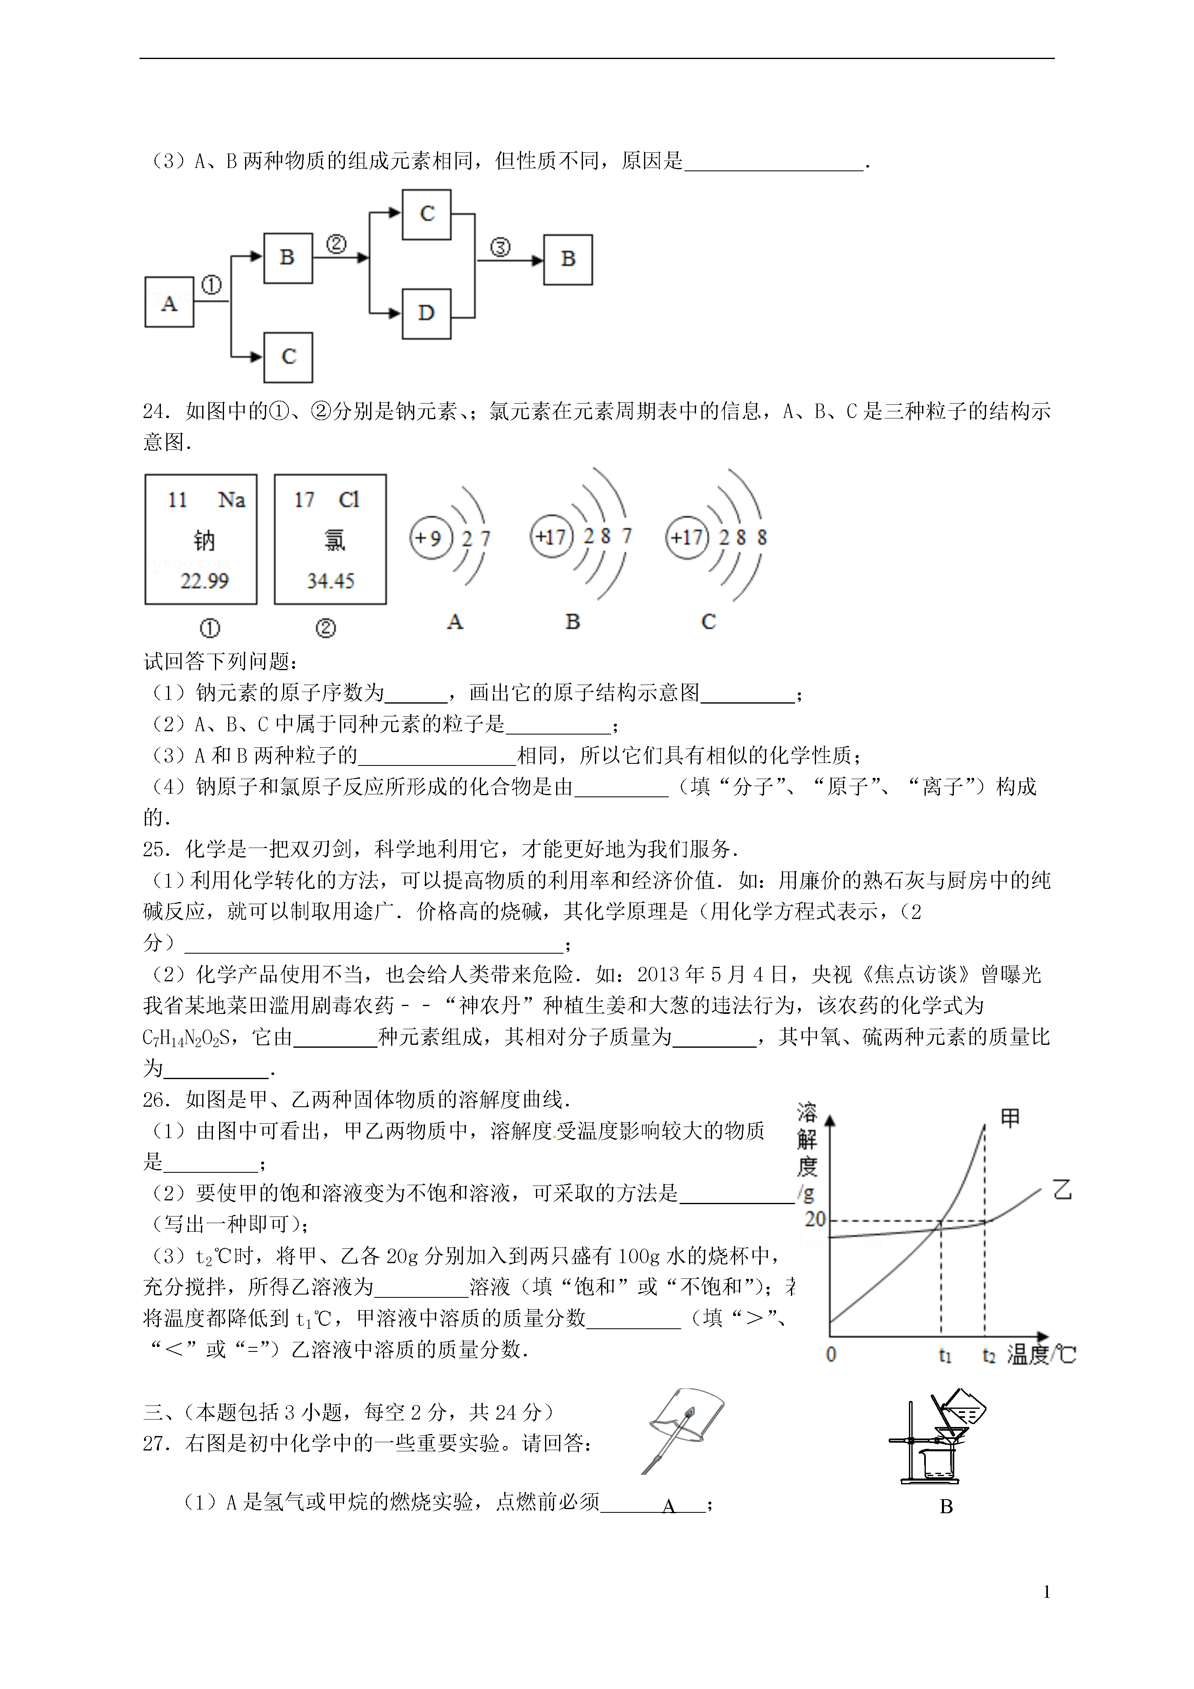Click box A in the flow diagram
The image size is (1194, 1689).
[x=169, y=302]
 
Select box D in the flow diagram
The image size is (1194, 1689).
[x=427, y=313]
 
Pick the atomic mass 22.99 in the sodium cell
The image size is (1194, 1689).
[x=205, y=581]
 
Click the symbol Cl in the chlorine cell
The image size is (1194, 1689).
[x=349, y=500]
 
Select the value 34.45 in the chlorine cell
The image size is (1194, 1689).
[x=330, y=581]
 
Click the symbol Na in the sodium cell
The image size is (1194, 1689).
[x=232, y=500]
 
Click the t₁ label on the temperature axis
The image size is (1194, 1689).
[x=945, y=1355]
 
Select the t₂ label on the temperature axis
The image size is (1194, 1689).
[x=989, y=1355]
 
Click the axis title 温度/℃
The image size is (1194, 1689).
[x=1040, y=1355]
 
